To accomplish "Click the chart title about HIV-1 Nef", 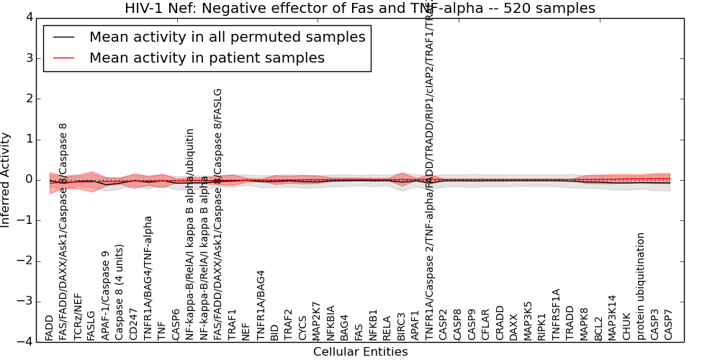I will coord(360,9).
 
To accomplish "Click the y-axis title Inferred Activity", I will coord(6,179).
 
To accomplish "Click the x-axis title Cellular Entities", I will coord(360,352).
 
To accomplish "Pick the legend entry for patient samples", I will coord(207,58).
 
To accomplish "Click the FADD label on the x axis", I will coord(49,328).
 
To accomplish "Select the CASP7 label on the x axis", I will coord(668,325).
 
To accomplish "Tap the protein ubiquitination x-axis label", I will coord(640,287).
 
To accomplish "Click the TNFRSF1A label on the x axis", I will coord(556,315).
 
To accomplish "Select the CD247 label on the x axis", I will coord(134,325).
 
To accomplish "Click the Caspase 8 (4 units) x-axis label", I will coord(120,292).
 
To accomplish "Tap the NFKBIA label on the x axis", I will coord(330,323).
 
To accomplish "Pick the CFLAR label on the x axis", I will coord(485,325).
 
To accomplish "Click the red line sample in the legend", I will coord(64,58).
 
